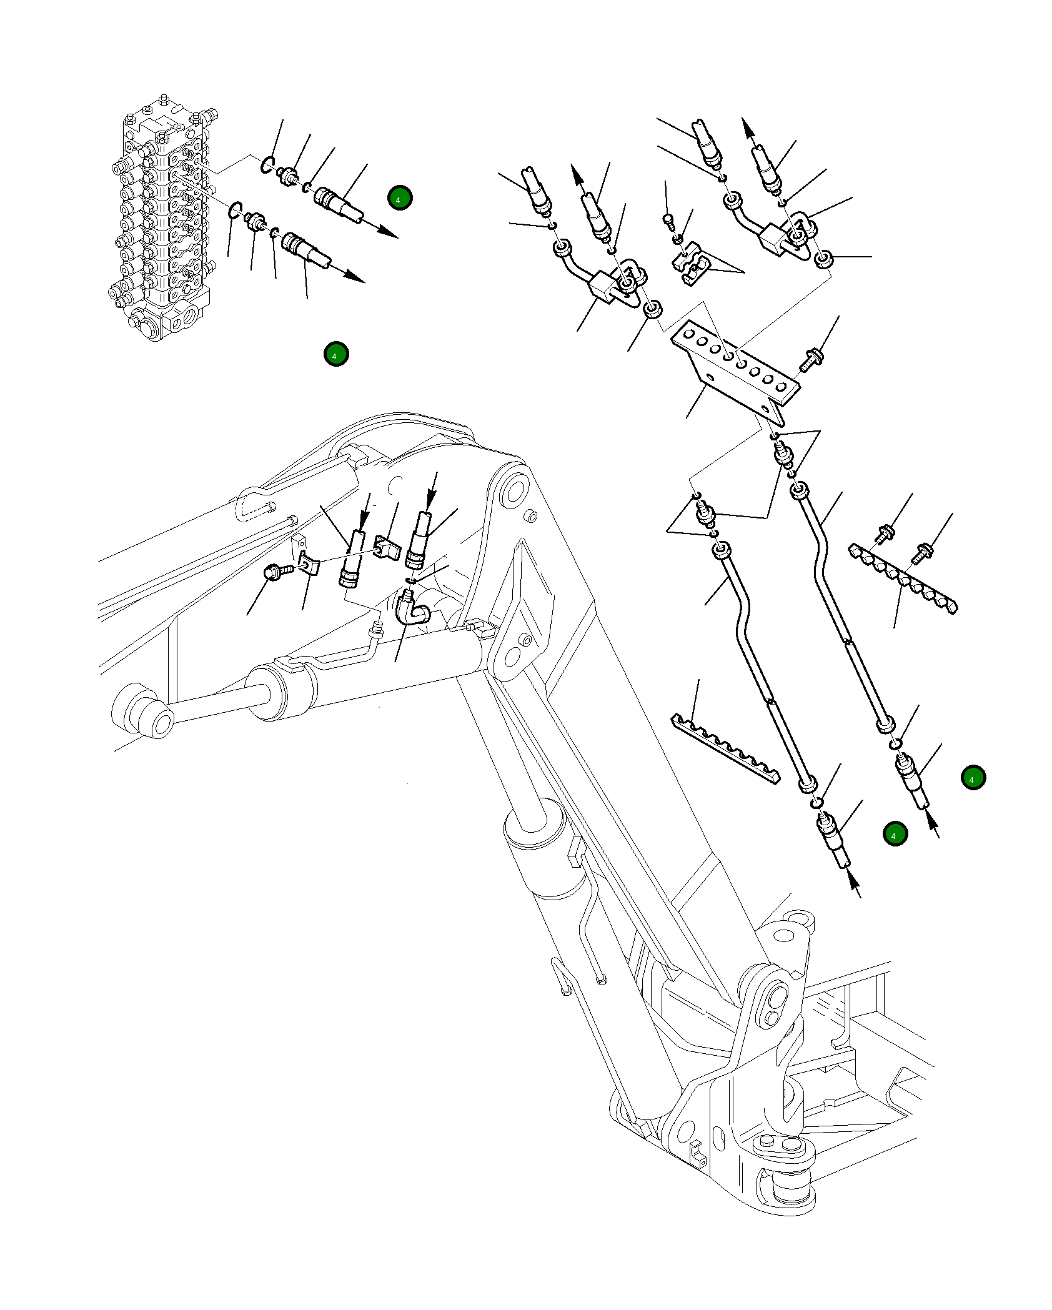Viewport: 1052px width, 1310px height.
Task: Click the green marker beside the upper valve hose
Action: (x=400, y=198)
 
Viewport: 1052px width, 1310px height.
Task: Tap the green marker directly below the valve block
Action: (x=336, y=354)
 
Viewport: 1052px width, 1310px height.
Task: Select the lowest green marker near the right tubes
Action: (x=895, y=834)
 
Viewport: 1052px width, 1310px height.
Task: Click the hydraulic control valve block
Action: (x=164, y=219)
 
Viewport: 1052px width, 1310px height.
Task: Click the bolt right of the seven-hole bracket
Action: (x=810, y=361)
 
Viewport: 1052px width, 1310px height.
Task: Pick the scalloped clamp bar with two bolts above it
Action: (x=903, y=578)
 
